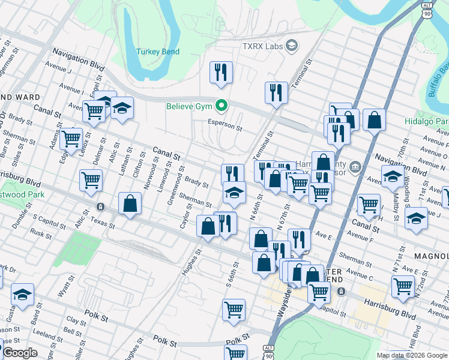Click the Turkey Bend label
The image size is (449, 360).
(158, 52)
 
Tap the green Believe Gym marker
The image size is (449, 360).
(221, 107)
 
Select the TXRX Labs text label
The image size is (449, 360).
(262, 46)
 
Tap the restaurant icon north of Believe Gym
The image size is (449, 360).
(221, 73)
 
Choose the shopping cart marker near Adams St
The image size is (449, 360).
(71, 139)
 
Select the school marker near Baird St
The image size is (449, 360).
(22, 295)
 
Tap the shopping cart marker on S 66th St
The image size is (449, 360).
(234, 310)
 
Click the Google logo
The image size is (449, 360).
(20, 353)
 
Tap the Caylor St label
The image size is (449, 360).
(185, 215)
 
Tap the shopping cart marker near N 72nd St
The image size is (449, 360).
(403, 286)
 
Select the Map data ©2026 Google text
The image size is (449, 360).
(411, 355)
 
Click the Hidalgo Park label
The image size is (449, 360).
(433, 122)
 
